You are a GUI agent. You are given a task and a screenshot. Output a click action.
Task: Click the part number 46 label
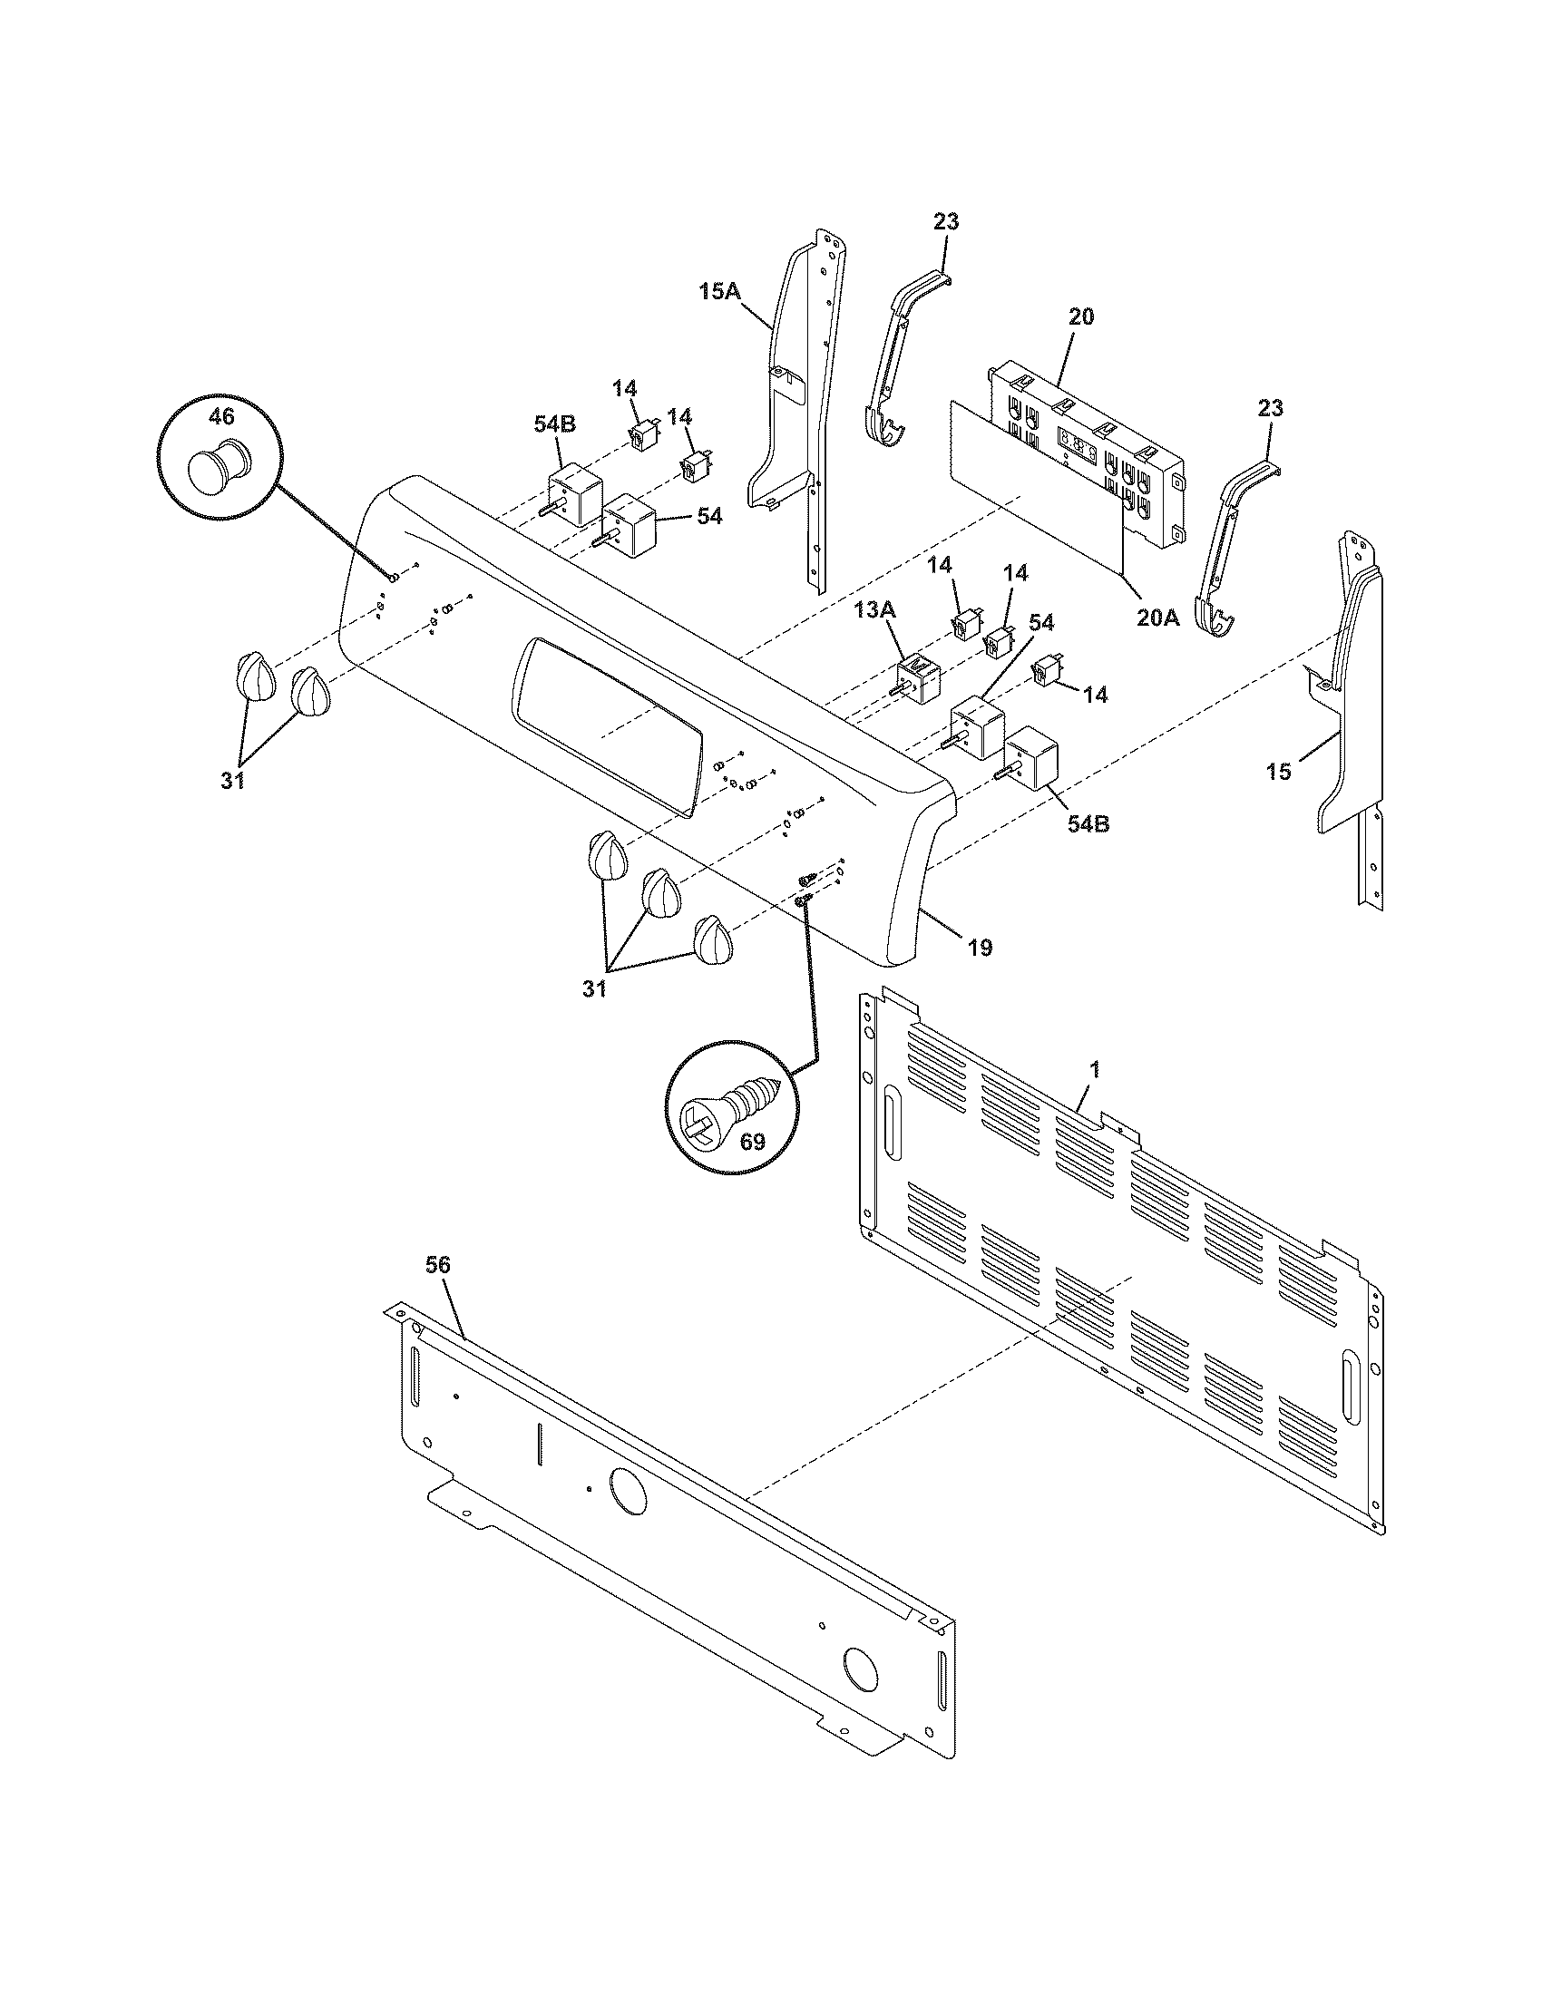[x=221, y=416]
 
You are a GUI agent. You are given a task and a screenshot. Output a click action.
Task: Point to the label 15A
[x=719, y=291]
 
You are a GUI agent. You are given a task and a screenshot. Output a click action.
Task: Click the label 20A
[x=1157, y=618]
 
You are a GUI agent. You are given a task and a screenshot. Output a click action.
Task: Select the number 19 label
[x=980, y=948]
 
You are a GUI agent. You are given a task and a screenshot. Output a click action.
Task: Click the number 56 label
[x=437, y=1264]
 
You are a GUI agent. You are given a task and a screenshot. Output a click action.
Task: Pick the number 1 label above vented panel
[x=1096, y=1068]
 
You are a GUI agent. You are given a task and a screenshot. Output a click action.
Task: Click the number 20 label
[x=1080, y=317]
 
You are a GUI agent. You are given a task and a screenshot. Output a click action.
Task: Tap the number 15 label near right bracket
[x=1279, y=772]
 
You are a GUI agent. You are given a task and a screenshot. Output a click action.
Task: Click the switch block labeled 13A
[x=917, y=680]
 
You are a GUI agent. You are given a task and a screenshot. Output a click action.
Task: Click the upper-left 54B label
[x=554, y=424]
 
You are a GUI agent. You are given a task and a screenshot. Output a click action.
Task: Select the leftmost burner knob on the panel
[x=255, y=676]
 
